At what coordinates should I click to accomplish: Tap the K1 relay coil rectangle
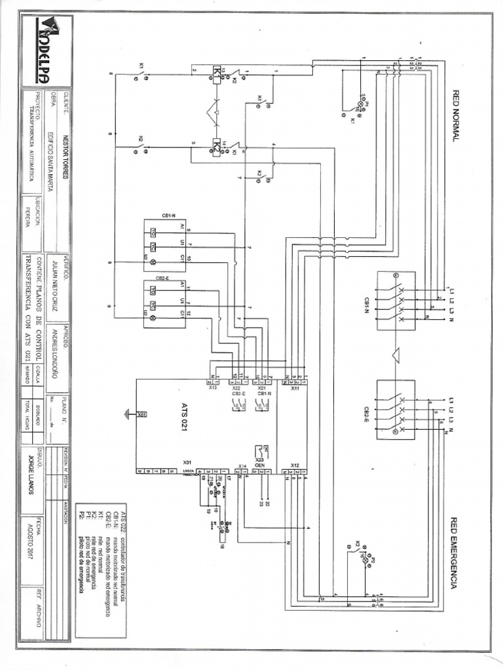(x=216, y=77)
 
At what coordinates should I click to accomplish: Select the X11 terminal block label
(x=295, y=388)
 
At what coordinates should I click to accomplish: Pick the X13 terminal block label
(x=213, y=388)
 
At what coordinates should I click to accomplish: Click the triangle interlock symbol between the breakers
(x=396, y=354)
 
